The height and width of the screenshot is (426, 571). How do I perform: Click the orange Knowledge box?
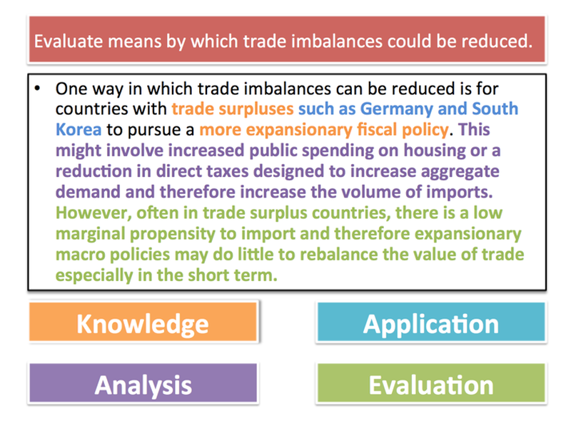tap(143, 322)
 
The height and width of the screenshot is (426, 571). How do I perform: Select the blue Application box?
tap(431, 322)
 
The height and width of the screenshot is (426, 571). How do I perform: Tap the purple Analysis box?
tap(143, 383)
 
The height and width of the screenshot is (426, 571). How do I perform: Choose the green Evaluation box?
tap(431, 383)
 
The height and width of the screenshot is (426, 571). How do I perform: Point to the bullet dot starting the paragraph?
tap(37, 88)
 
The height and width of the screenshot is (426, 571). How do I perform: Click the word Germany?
tap(397, 109)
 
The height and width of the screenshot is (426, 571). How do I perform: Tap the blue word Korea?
tap(79, 130)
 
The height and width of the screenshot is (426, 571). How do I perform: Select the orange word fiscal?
tap(377, 130)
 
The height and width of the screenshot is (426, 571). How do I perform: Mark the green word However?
tap(94, 213)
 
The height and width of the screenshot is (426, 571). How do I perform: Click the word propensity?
tap(173, 235)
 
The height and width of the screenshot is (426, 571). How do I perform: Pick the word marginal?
tap(91, 235)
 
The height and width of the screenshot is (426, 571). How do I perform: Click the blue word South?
tap(495, 108)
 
